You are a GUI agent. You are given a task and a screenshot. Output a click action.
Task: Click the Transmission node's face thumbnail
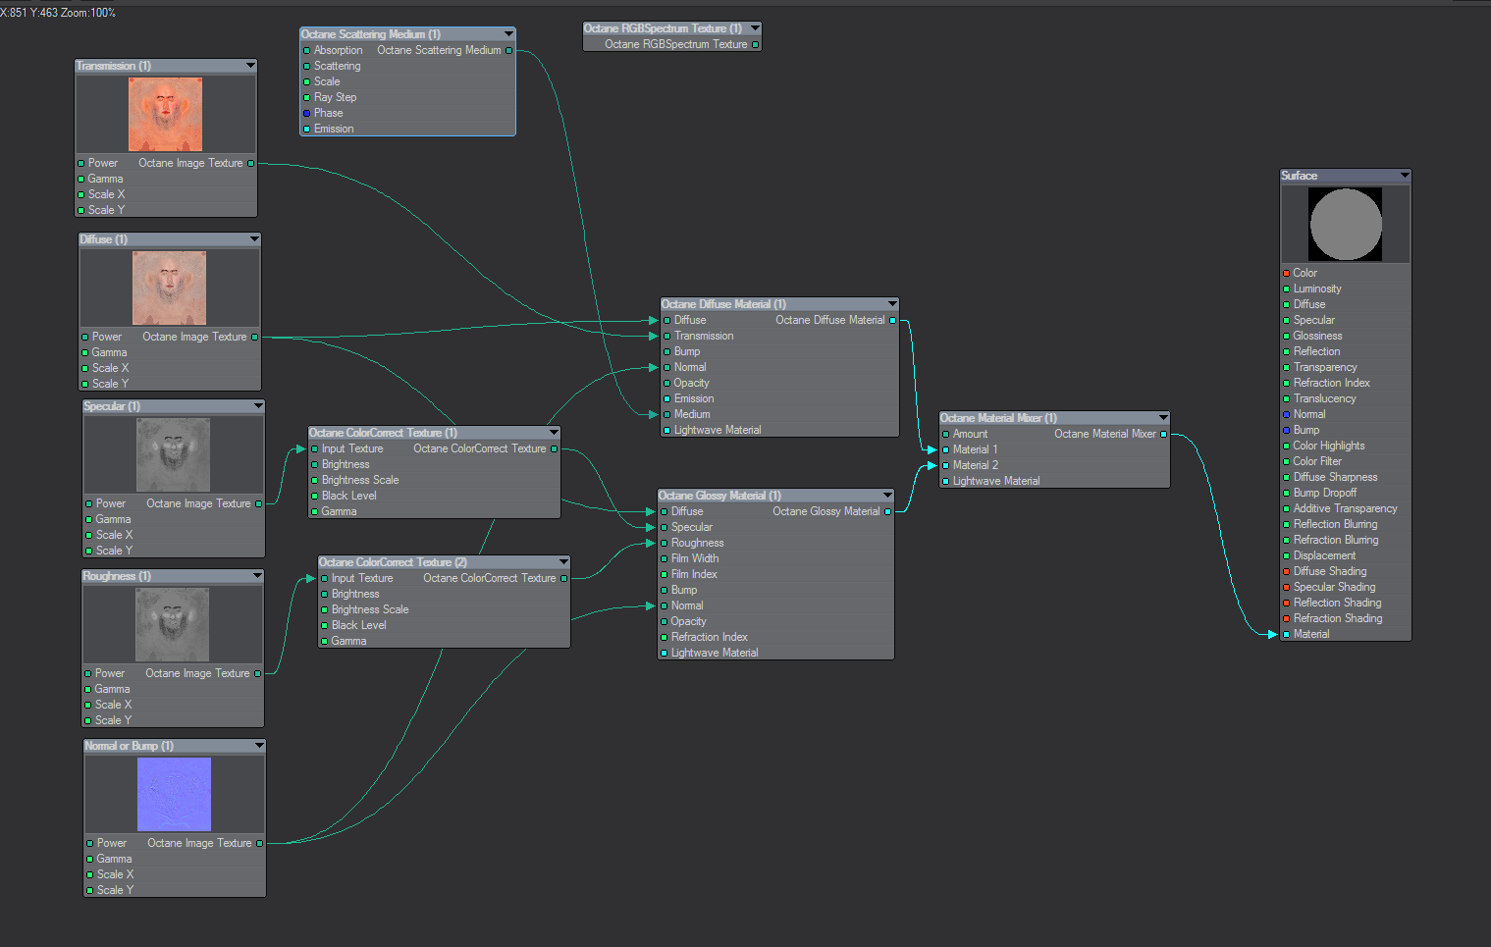click(165, 115)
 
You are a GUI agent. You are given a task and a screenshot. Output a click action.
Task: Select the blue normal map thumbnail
click(174, 794)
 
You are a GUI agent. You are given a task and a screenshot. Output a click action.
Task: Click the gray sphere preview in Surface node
click(1345, 225)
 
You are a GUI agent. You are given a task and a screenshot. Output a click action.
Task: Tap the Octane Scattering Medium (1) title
click(371, 34)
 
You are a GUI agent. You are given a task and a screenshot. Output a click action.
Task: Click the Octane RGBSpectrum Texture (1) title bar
click(663, 28)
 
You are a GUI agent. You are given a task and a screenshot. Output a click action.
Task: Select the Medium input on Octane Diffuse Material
click(692, 414)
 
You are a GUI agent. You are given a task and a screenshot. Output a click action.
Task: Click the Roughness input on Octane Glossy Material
click(697, 543)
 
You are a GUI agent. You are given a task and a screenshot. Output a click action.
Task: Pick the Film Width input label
click(695, 558)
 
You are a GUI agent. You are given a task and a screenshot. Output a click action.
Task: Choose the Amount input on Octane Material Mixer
click(970, 434)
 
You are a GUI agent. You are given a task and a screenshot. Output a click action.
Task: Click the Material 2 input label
click(975, 465)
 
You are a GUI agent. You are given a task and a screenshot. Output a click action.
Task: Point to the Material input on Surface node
click(1310, 634)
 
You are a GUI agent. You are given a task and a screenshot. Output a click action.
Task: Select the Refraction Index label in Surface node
click(1331, 383)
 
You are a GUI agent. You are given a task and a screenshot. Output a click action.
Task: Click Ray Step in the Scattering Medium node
click(335, 97)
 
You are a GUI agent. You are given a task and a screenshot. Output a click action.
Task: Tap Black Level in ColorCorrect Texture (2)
click(358, 625)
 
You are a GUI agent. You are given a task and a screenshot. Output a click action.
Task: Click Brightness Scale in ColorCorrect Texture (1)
click(360, 480)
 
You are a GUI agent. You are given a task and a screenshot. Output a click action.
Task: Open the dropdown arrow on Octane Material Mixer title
click(1163, 418)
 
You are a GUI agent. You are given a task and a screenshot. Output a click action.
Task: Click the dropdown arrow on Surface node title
click(1405, 176)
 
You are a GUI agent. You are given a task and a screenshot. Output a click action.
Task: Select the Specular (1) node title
click(112, 406)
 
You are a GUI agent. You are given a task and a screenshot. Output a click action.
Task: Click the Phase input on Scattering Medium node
click(328, 113)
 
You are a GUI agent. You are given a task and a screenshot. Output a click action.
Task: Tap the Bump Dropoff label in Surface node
click(1324, 493)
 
